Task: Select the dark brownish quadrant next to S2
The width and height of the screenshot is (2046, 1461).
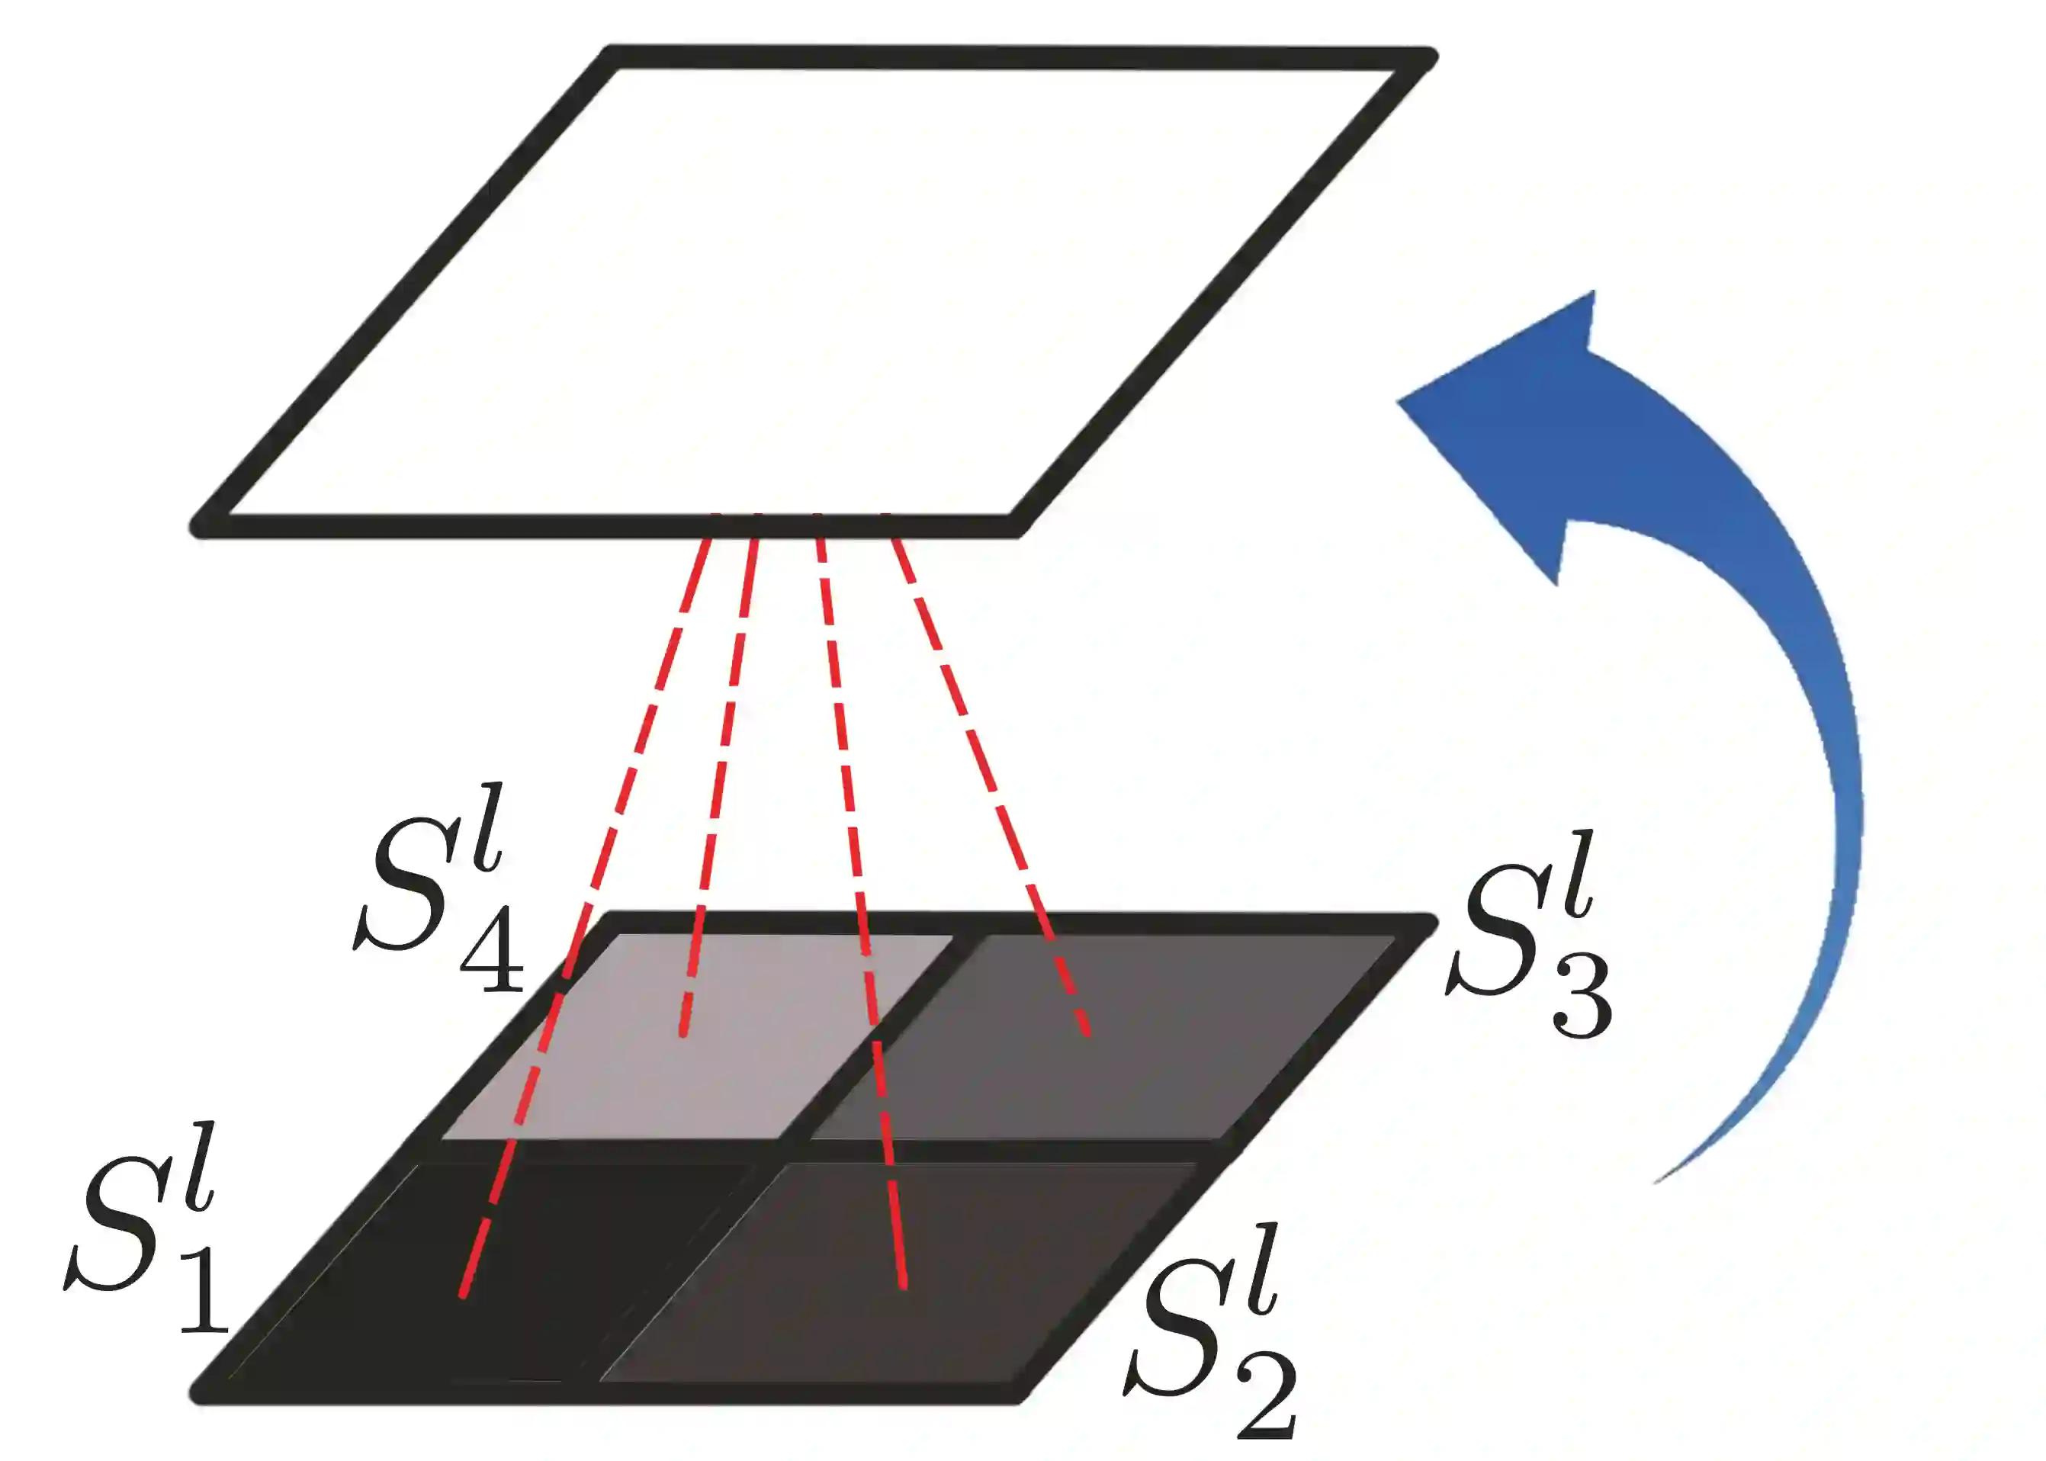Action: tap(900, 1277)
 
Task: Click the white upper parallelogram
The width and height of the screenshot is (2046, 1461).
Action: tap(810, 288)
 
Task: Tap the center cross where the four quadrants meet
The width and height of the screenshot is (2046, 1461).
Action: tap(792, 1150)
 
